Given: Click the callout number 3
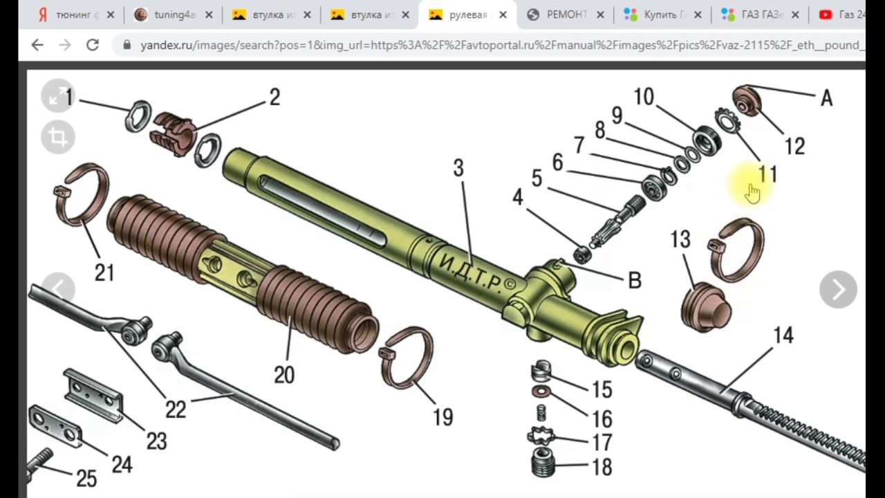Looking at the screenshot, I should tap(458, 168).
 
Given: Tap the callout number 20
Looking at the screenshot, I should tap(284, 374).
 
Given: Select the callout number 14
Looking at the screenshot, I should tap(783, 335).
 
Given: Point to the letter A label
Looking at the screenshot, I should tap(826, 99).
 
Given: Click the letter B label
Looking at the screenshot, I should tap(634, 280).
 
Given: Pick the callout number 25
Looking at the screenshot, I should tap(86, 478).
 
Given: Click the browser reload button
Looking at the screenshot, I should tap(92, 45).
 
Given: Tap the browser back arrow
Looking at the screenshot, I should tap(37, 45).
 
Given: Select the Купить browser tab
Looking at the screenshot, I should tap(660, 15).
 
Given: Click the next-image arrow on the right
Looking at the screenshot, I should tap(838, 289).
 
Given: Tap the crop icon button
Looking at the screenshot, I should tap(58, 136).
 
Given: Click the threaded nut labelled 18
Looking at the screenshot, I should tap(543, 462).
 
